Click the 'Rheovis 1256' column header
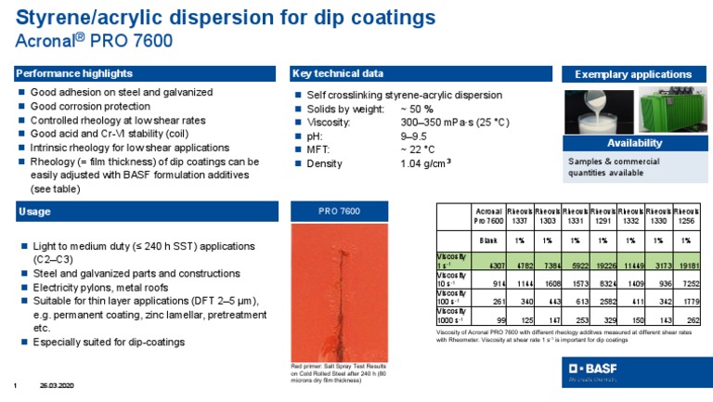pyautogui.click(x=688, y=215)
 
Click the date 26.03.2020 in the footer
pyautogui.click(x=57, y=386)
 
